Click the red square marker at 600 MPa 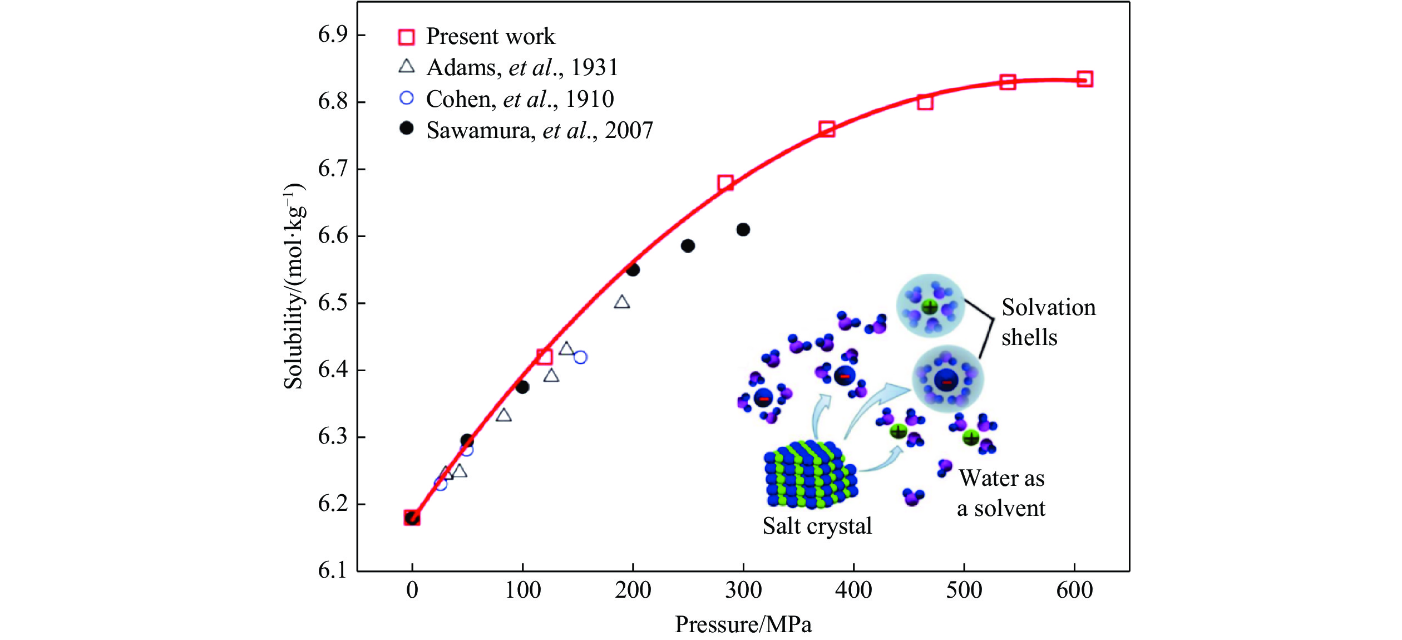(x=1084, y=79)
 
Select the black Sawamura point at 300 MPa (x=743, y=229)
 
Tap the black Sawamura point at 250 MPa (x=688, y=245)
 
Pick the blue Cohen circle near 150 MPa (x=580, y=357)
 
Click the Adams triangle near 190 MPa (x=622, y=303)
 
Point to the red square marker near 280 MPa (x=725, y=183)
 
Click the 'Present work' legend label (x=490, y=37)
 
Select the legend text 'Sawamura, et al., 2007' (x=539, y=131)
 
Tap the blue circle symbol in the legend (x=407, y=99)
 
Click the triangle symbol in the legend (x=407, y=67)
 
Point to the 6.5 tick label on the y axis (x=333, y=303)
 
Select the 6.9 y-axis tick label (x=333, y=35)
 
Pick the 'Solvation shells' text (x=1048, y=322)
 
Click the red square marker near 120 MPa (x=545, y=357)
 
